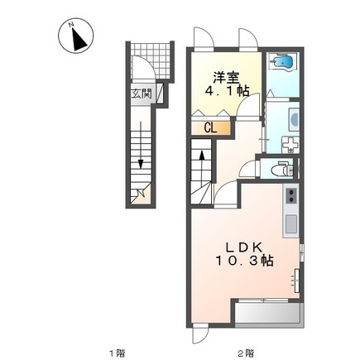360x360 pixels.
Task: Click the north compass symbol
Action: coord(75,36)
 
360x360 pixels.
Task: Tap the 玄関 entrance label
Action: coord(142,94)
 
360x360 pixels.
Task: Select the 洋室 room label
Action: coord(226,78)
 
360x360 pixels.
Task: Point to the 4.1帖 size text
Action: coord(227,91)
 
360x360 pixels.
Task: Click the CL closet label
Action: coord(210,128)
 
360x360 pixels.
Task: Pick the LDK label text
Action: coord(244,247)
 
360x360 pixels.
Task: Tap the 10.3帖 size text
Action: coord(244,260)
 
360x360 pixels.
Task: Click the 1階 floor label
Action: coord(118,353)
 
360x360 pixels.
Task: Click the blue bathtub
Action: coord(283,64)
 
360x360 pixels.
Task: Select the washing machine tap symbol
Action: coord(290,144)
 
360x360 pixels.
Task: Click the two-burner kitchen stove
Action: coord(291,195)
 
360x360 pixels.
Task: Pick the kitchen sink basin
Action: coord(290,223)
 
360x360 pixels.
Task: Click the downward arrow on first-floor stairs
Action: coord(141,145)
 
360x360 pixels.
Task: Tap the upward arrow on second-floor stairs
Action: coord(202,168)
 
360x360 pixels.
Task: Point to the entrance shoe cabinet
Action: coord(160,93)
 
